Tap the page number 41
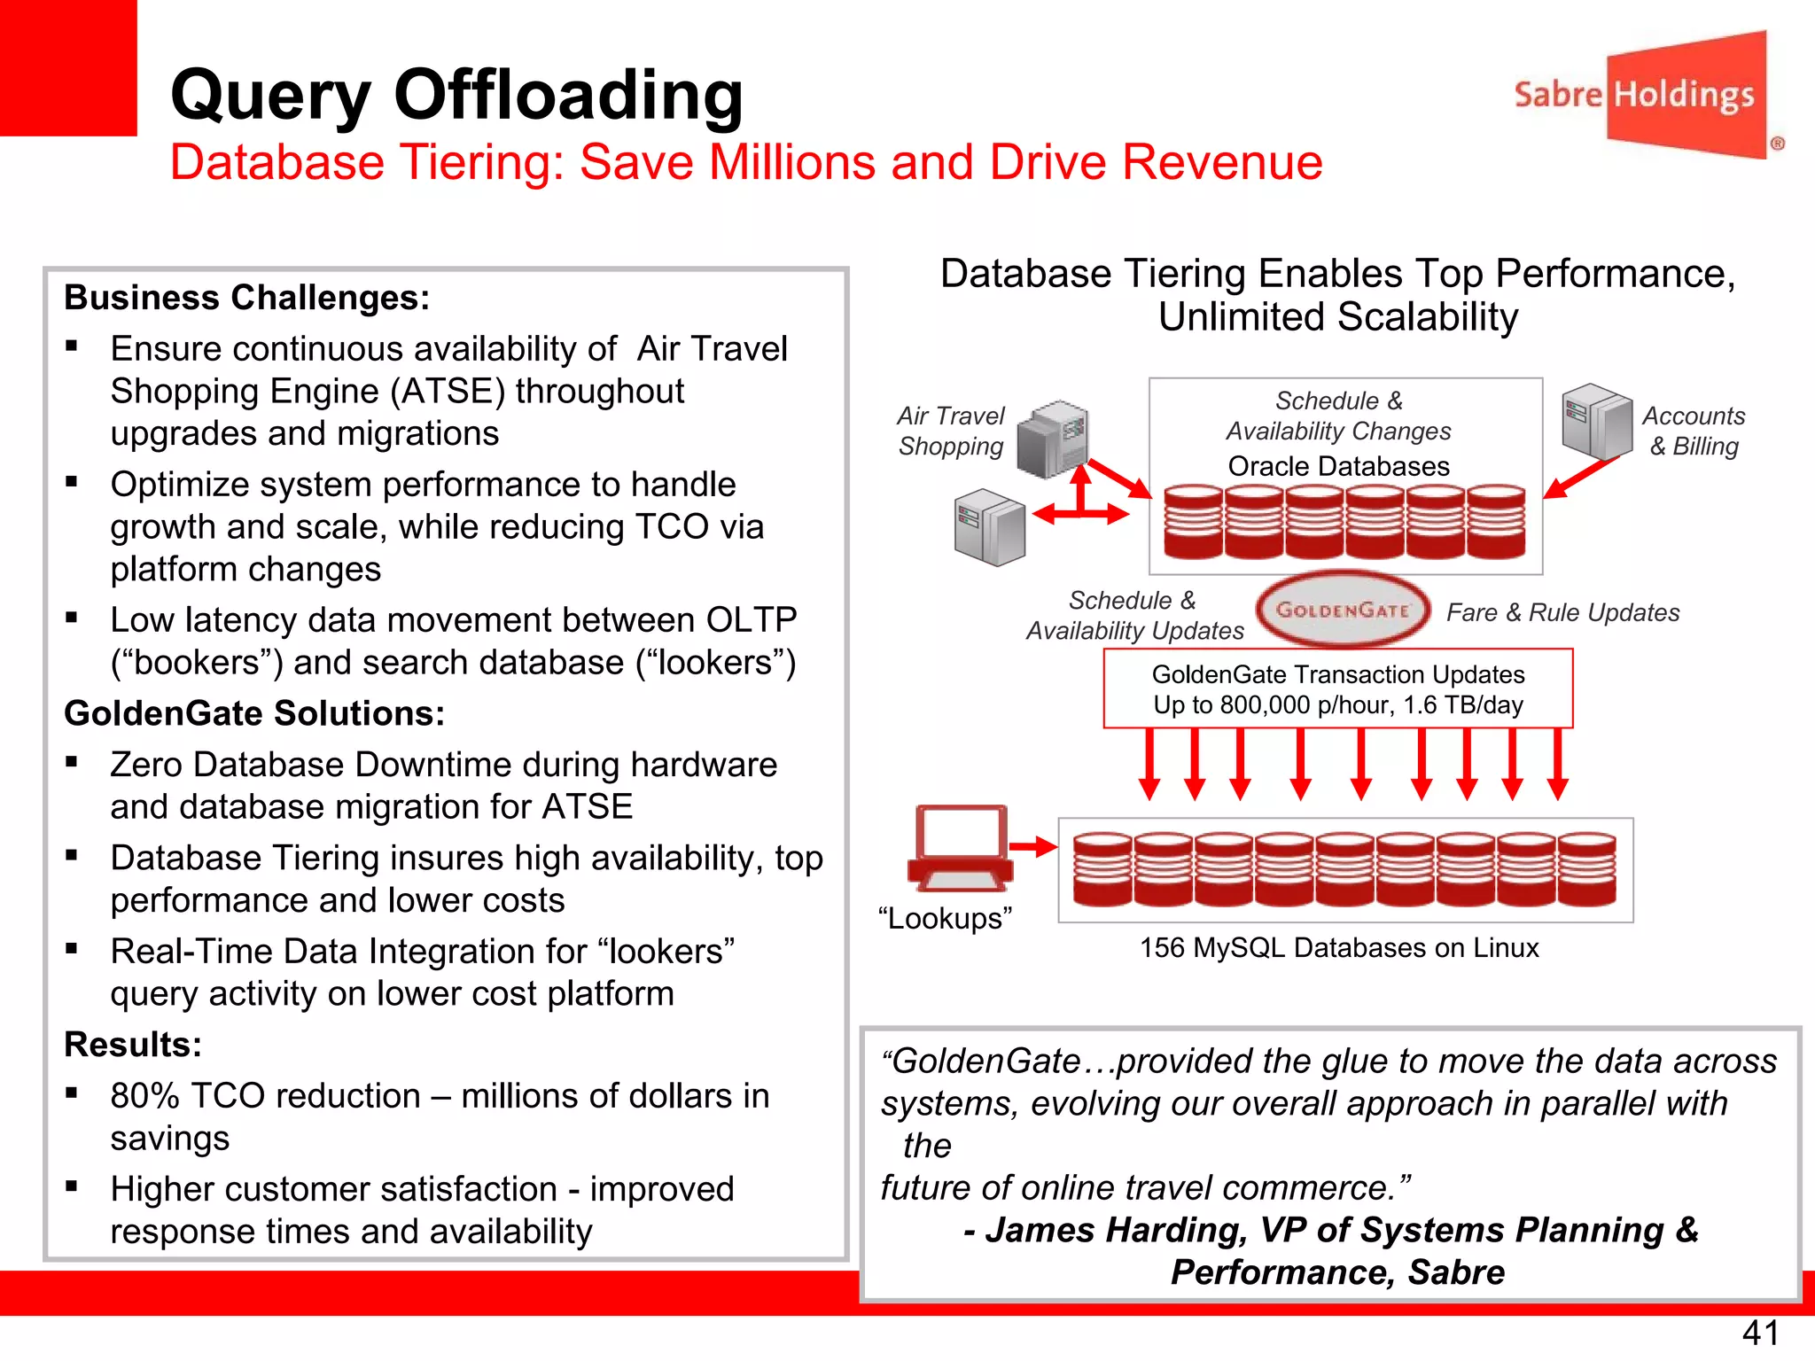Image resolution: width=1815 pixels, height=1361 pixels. click(1760, 1333)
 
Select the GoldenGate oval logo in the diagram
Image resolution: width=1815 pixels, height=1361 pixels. click(1343, 610)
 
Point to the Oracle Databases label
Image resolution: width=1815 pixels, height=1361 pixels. click(1338, 466)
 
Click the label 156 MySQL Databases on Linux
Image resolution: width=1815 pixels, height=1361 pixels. click(1338, 948)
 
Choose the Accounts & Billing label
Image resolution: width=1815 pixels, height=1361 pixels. click(1693, 431)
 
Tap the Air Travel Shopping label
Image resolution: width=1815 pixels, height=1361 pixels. click(950, 431)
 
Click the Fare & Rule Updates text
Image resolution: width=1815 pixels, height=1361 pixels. click(1562, 612)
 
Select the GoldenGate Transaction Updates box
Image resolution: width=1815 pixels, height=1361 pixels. click(1337, 689)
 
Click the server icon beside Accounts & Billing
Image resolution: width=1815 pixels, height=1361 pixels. click(1595, 419)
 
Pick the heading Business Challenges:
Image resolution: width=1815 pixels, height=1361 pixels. click(246, 298)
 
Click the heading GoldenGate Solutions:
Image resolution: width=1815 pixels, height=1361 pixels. click(254, 713)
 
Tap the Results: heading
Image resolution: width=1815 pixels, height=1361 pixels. click(133, 1045)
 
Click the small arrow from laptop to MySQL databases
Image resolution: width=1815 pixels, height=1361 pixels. click(1032, 847)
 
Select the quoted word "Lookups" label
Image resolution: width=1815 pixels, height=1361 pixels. click(945, 918)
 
